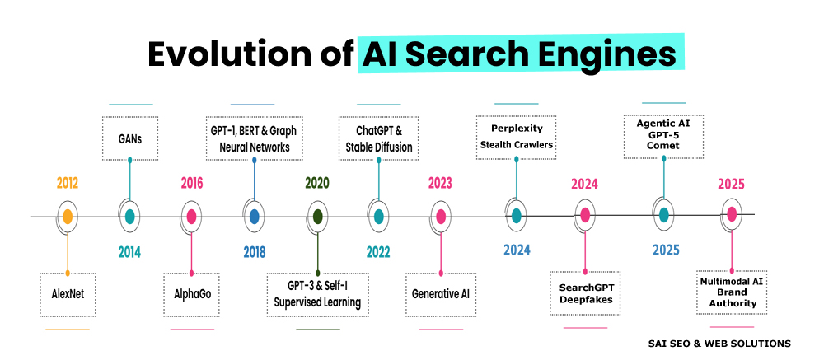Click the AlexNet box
[x=68, y=294]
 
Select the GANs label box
[x=129, y=139]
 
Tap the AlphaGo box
[x=191, y=294]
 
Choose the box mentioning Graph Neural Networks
[x=253, y=139]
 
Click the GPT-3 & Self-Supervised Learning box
[x=317, y=294]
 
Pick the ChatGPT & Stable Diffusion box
[x=378, y=139]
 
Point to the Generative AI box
[x=440, y=294]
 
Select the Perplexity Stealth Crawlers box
[x=516, y=137]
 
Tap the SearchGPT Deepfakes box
[x=585, y=293]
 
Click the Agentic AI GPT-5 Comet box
[x=663, y=137]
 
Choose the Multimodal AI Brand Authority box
[x=732, y=292]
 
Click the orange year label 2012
[x=68, y=183]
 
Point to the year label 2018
[x=254, y=251]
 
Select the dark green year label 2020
[x=317, y=183]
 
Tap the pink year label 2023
[x=440, y=183]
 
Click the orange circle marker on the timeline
[x=68, y=217]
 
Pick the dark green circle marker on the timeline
[x=317, y=217]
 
